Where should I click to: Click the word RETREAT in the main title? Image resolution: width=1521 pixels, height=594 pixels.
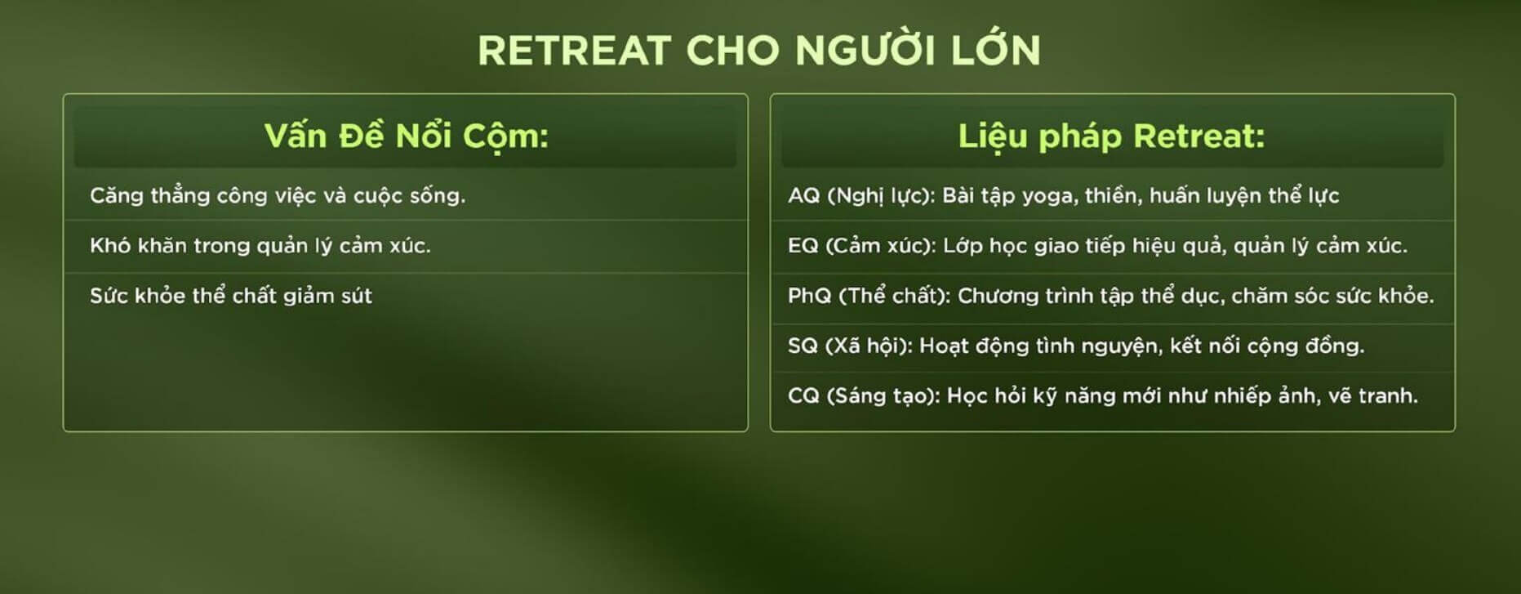pyautogui.click(x=574, y=51)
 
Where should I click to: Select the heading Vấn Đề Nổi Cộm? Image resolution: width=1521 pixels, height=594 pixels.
pyautogui.click(x=406, y=136)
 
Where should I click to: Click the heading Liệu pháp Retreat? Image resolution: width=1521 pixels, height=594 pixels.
pyautogui.click(x=1111, y=136)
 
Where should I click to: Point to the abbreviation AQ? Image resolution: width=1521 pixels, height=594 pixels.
pyautogui.click(x=803, y=196)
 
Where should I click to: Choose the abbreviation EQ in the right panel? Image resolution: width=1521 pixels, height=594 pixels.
pyautogui.click(x=803, y=246)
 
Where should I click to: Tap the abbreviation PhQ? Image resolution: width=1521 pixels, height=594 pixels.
pyautogui.click(x=809, y=296)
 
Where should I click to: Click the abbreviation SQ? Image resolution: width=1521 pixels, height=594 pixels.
pyautogui.click(x=803, y=346)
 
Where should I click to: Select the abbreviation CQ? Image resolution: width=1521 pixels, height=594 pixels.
pyautogui.click(x=803, y=396)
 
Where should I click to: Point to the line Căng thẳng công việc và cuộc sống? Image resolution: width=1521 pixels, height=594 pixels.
pyautogui.click(x=278, y=196)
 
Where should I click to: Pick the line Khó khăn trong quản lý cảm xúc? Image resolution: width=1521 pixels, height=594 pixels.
pyautogui.click(x=260, y=246)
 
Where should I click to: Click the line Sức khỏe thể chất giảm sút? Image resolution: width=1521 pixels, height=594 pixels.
pyautogui.click(x=231, y=296)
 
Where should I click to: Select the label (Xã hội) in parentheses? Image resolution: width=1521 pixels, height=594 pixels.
pyautogui.click(x=869, y=346)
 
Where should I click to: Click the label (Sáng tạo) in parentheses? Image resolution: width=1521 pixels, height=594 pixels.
pyautogui.click(x=883, y=396)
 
